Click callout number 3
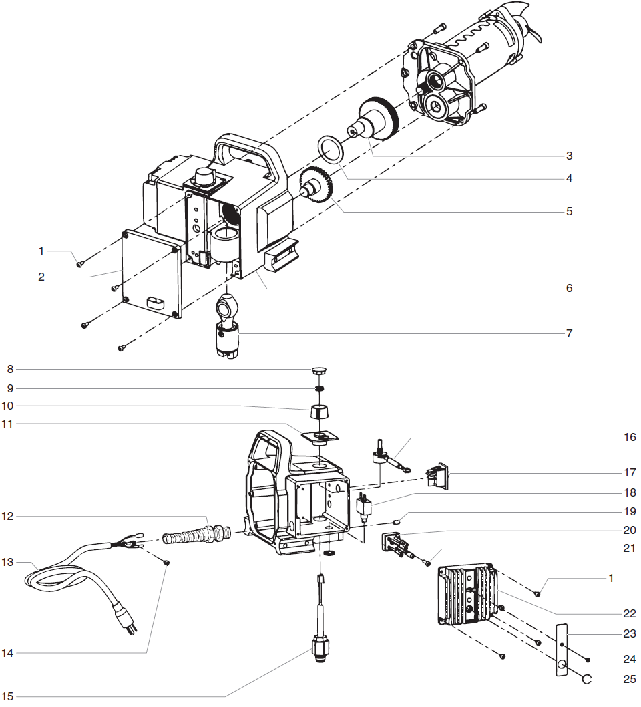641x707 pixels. pyautogui.click(x=569, y=156)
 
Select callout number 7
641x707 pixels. pyautogui.click(x=569, y=333)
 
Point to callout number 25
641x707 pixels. pyautogui.click(x=629, y=679)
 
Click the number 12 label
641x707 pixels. pyautogui.click(x=9, y=516)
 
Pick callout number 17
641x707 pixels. pyautogui.click(x=629, y=472)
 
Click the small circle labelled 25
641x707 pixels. pyautogui.click(x=586, y=679)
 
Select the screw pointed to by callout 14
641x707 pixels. pyautogui.click(x=168, y=563)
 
